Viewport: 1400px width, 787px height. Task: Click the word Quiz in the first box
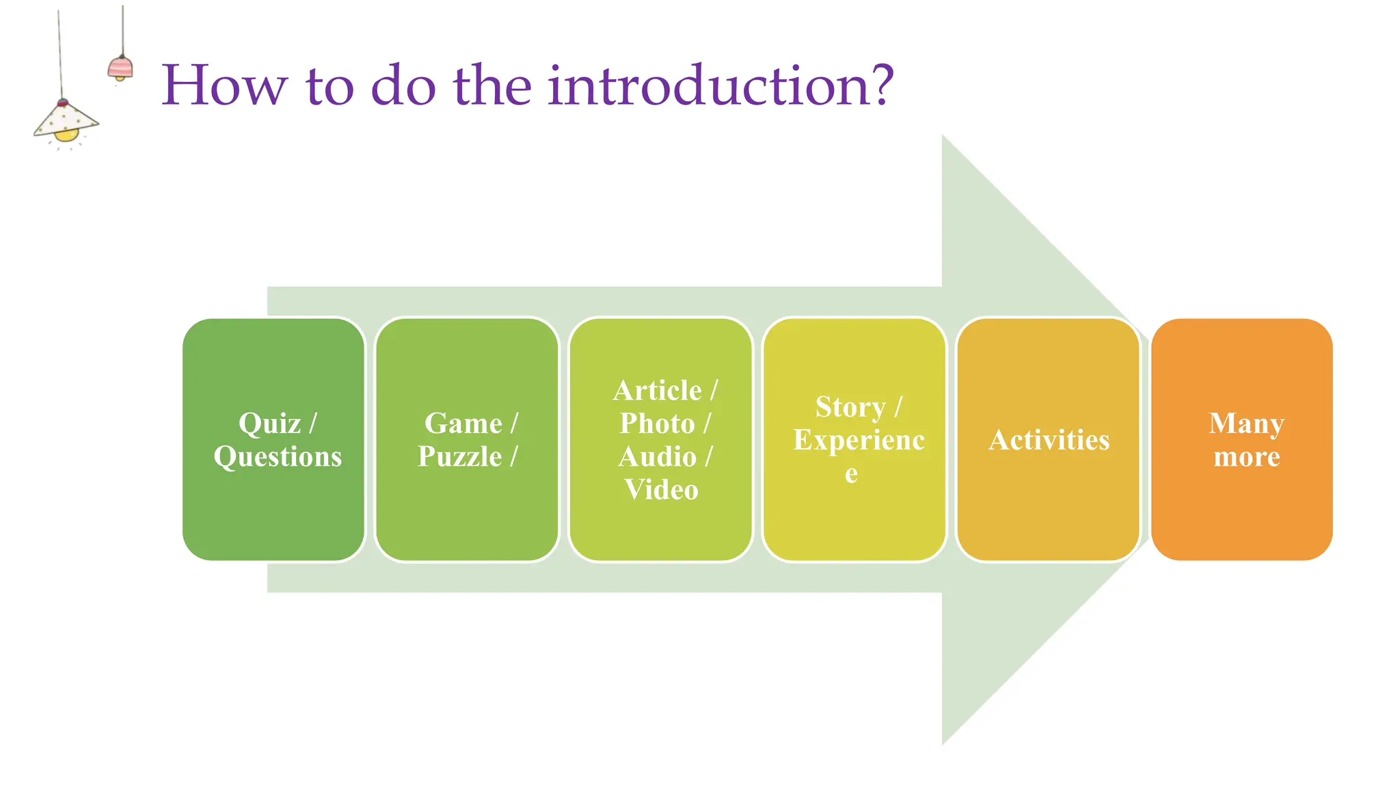pyautogui.click(x=269, y=424)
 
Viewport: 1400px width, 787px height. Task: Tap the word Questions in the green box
pyautogui.click(x=278, y=456)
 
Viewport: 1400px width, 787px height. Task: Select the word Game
pyautogui.click(x=463, y=424)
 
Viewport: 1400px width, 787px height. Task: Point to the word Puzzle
pyautogui.click(x=459, y=456)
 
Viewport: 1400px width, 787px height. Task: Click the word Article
pyautogui.click(x=657, y=391)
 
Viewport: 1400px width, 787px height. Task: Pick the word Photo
pyautogui.click(x=657, y=424)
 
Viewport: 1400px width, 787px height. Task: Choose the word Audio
pyautogui.click(x=657, y=456)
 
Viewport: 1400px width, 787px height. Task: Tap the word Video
pyautogui.click(x=661, y=490)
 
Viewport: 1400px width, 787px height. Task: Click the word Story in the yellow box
pyautogui.click(x=850, y=407)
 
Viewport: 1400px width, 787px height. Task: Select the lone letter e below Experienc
pyautogui.click(x=851, y=473)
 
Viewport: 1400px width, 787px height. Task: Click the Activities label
pyautogui.click(x=1049, y=440)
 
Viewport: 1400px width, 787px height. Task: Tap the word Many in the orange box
pyautogui.click(x=1246, y=424)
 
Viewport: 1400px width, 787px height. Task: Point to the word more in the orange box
pyautogui.click(x=1246, y=457)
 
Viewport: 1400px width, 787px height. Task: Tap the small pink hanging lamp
pyautogui.click(x=120, y=68)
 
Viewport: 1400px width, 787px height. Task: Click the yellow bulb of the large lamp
pyautogui.click(x=66, y=135)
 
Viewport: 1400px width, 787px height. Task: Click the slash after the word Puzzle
pyautogui.click(x=513, y=456)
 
